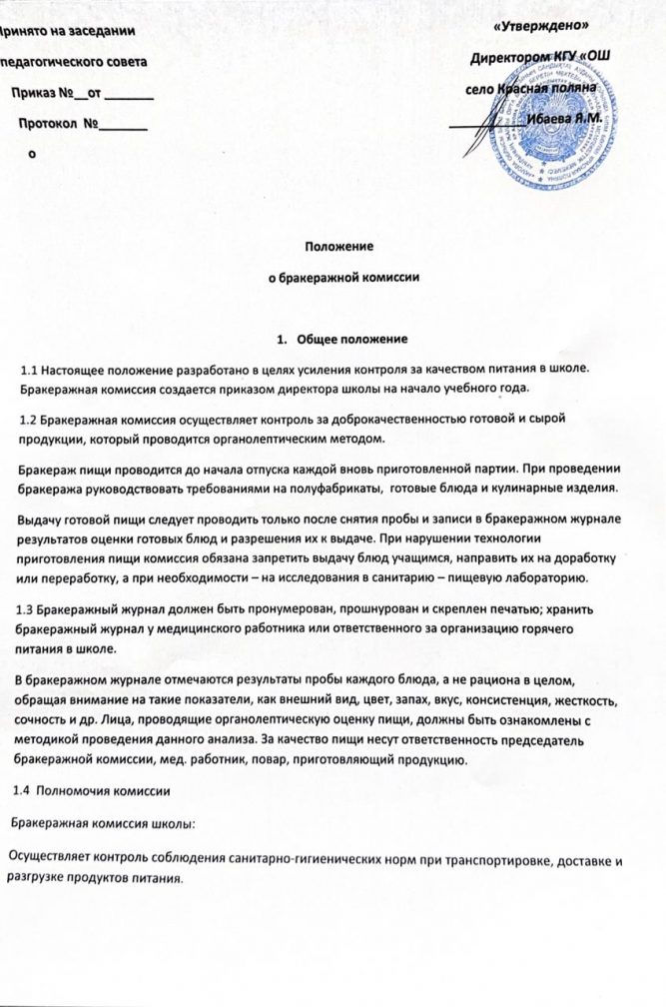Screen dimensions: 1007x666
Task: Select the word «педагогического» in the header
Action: pos(46,62)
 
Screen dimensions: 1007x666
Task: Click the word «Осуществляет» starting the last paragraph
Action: pos(50,860)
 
